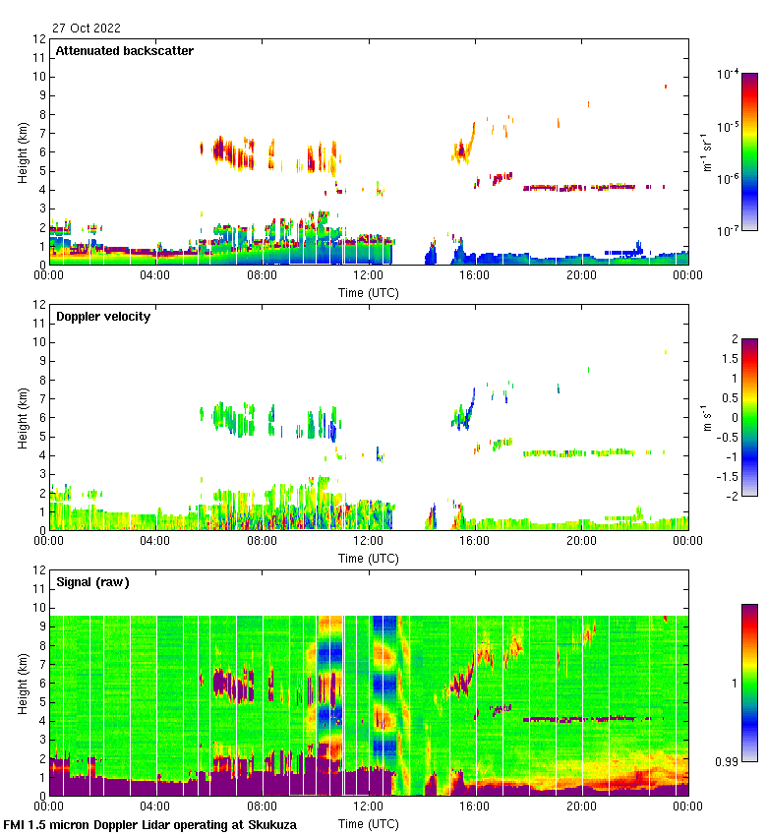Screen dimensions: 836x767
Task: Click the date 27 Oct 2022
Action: pyautogui.click(x=87, y=28)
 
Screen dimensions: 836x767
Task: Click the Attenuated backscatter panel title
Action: pyautogui.click(x=125, y=50)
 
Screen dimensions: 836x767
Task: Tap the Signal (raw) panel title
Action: pyautogui.click(x=92, y=581)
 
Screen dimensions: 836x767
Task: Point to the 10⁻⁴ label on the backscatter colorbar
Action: pyautogui.click(x=728, y=75)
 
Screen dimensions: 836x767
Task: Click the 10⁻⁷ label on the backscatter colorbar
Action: pyautogui.click(x=728, y=231)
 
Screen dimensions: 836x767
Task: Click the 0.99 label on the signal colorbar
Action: pyautogui.click(x=726, y=761)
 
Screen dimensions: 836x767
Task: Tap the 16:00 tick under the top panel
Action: pyautogui.click(x=475, y=275)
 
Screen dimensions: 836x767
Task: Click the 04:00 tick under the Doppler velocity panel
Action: pyautogui.click(x=155, y=541)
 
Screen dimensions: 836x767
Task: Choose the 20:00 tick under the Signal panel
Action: pyautogui.click(x=581, y=806)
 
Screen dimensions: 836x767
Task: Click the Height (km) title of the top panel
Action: pyautogui.click(x=23, y=152)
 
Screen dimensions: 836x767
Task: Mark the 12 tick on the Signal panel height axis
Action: pyautogui.click(x=40, y=570)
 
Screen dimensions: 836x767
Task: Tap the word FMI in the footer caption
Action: pyautogui.click(x=15, y=824)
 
